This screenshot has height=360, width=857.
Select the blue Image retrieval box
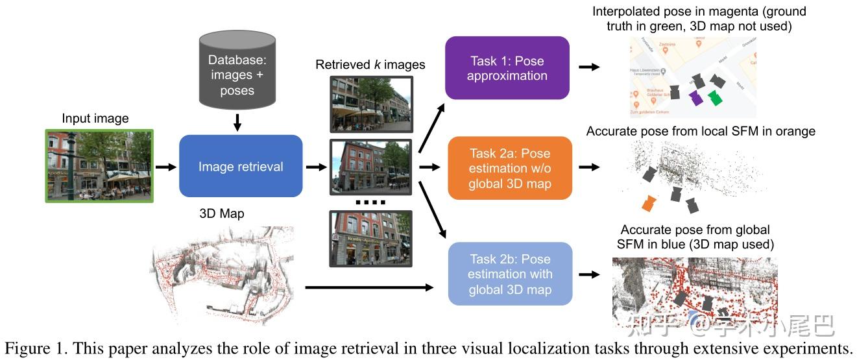coord(241,167)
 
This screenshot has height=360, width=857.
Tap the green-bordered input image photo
coord(99,165)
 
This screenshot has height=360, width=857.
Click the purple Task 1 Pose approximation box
coord(507,68)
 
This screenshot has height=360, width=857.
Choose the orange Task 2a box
coord(509,168)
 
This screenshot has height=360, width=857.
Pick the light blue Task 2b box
coord(510,274)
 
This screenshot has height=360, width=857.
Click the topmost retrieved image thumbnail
coord(370,104)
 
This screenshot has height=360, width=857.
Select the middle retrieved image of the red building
coord(370,167)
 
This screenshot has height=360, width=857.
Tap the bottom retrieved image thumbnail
coord(370,239)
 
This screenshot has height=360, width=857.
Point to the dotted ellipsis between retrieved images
coord(370,202)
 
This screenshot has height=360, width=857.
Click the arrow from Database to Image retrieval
coord(237,121)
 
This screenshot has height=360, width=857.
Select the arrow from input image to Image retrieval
coord(165,167)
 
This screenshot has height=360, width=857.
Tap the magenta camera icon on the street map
coord(695,98)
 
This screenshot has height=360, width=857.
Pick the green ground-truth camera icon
coord(715,97)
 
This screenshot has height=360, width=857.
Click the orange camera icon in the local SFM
coord(647,203)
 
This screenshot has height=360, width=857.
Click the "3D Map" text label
coord(223,213)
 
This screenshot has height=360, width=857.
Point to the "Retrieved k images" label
coord(370,64)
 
